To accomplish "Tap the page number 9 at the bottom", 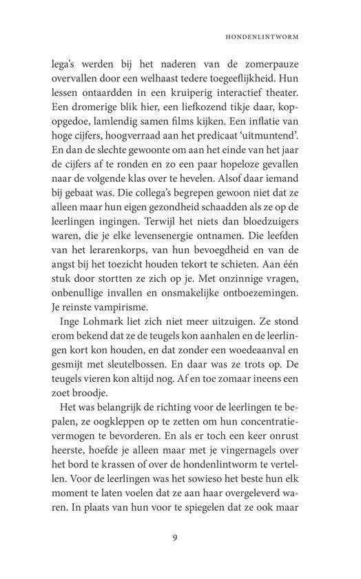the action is (180, 538).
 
